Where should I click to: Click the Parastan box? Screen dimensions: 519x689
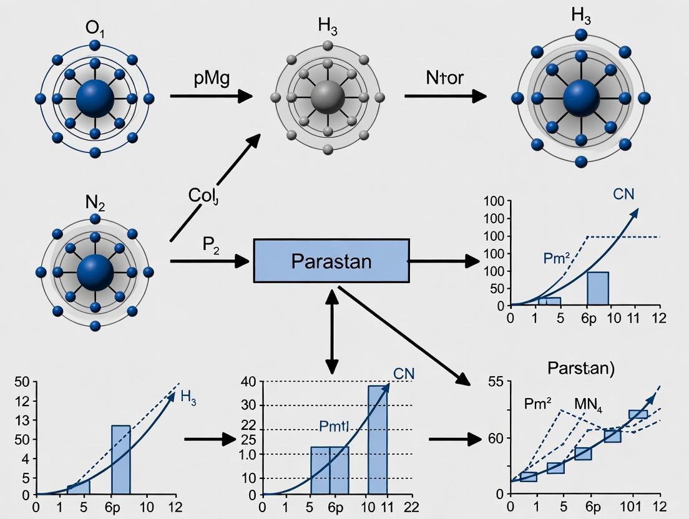point(331,261)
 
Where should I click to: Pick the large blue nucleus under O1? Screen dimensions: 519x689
point(94,98)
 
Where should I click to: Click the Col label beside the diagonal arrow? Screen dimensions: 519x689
point(203,195)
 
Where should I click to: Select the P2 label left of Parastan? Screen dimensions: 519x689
point(211,244)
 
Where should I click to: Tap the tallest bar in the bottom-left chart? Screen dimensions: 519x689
point(120,460)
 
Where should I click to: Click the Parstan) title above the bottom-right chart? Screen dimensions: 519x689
point(580,368)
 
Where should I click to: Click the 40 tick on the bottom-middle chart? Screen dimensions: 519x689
point(248,382)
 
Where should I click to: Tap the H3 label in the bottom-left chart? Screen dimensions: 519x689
point(188,397)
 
